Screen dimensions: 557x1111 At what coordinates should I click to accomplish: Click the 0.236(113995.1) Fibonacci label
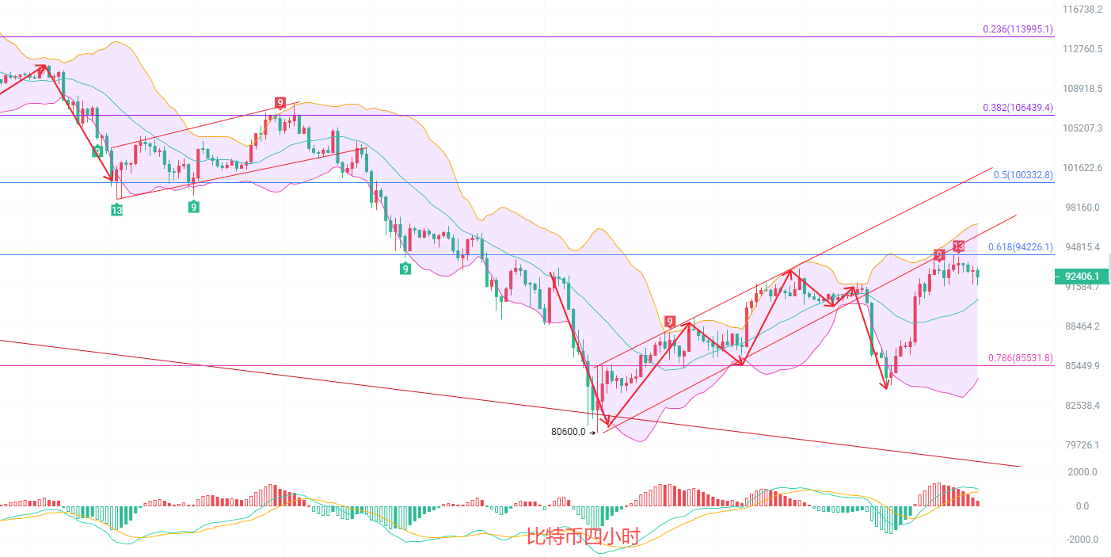(x=1018, y=29)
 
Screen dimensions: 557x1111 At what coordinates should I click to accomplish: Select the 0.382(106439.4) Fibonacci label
(x=1018, y=108)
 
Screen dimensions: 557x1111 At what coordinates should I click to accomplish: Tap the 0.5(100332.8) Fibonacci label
(x=1023, y=175)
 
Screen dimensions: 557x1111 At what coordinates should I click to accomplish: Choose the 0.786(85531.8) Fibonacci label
(x=1020, y=358)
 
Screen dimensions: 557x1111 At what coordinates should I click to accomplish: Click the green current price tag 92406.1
(x=1082, y=277)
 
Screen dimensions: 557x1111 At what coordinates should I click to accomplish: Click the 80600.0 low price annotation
(x=568, y=432)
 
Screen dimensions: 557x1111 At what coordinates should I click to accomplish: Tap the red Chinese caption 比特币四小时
(x=582, y=537)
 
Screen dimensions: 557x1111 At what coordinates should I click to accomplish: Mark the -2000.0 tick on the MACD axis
(x=1082, y=540)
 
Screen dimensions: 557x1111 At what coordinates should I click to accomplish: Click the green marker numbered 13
(x=116, y=210)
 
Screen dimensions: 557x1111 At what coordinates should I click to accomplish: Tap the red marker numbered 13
(x=959, y=246)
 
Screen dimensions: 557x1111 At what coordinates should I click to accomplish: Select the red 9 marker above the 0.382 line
(x=280, y=102)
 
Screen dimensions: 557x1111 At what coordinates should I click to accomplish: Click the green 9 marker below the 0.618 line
(x=405, y=269)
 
